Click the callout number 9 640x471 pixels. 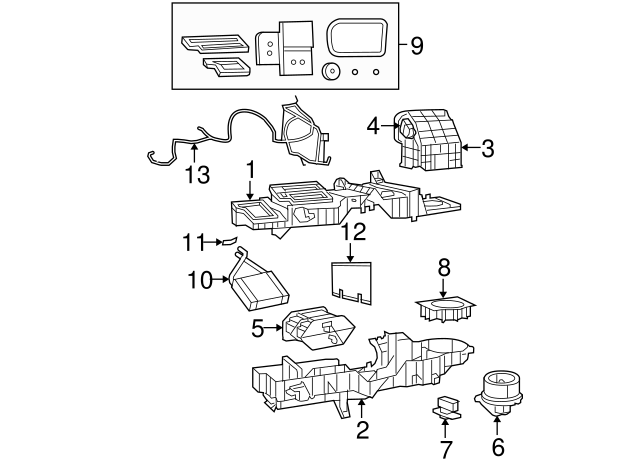416,46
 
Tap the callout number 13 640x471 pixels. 198,174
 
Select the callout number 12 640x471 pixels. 353,232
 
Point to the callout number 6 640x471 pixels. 498,447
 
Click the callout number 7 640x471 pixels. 445,450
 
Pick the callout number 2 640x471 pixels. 362,429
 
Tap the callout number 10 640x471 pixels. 200,280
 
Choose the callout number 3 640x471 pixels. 488,149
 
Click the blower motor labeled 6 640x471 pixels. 498,392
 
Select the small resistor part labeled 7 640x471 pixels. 447,408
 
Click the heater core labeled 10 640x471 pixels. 258,282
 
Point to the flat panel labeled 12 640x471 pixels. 351,283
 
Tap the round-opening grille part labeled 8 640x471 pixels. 445,309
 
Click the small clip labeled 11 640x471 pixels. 229,242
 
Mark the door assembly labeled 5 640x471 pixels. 318,328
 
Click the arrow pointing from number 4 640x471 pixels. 390,126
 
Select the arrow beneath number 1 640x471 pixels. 250,189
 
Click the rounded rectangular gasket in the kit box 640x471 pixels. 357,37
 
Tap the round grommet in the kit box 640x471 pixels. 331,72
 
